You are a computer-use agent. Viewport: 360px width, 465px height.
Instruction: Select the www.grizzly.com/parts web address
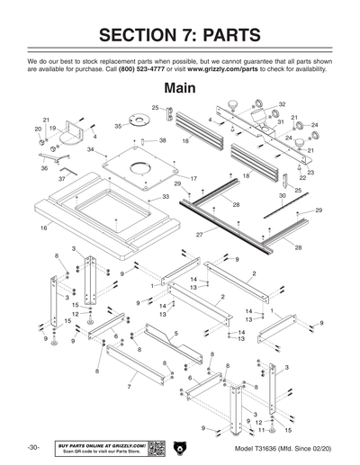tap(240, 69)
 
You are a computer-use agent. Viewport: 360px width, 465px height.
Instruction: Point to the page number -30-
tap(33, 447)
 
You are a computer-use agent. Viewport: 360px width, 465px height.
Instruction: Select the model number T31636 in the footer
tap(271, 448)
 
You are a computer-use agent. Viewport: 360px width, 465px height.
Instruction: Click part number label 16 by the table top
tap(43, 229)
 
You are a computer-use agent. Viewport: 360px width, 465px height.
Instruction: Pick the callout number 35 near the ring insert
tap(118, 127)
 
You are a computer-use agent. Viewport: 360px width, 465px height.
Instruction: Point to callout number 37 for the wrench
tap(62, 179)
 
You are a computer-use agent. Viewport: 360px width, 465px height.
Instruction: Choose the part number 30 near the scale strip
tap(283, 195)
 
